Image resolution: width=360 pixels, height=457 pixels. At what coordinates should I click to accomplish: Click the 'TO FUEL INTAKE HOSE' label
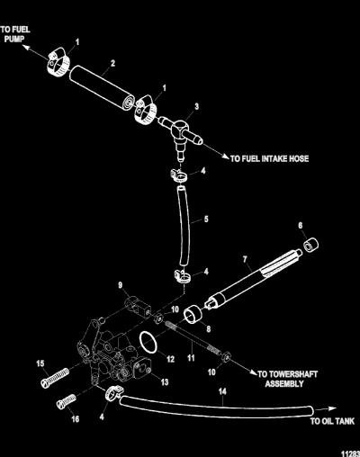(269, 158)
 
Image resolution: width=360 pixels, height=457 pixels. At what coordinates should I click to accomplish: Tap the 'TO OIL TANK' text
(332, 421)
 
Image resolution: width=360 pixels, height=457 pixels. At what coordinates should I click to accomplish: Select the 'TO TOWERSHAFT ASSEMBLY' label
(287, 379)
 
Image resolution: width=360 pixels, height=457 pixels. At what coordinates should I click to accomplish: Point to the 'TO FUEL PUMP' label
(15, 34)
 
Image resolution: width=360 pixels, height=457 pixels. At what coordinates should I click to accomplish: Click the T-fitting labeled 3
(180, 132)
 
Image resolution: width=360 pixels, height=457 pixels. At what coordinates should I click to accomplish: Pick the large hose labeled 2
(102, 87)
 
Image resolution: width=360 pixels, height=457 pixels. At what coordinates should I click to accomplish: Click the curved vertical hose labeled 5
(184, 226)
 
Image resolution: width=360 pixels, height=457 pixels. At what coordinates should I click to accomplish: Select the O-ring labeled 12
(148, 343)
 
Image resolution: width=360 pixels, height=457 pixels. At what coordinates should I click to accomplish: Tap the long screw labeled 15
(55, 379)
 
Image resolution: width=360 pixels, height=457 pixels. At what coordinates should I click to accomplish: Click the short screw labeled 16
(67, 401)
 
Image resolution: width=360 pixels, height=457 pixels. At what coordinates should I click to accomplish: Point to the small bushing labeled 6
(310, 245)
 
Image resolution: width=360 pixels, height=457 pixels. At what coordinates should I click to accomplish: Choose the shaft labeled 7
(253, 278)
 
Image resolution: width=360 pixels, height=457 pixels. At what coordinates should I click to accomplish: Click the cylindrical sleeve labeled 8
(193, 314)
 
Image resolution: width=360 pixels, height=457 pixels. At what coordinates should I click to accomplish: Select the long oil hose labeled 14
(217, 407)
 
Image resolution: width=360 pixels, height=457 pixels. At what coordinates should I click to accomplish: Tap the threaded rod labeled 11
(193, 338)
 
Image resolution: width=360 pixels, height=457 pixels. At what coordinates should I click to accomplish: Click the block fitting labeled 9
(138, 307)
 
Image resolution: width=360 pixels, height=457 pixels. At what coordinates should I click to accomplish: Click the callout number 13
(165, 382)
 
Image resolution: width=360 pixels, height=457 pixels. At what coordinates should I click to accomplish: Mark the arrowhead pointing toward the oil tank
(332, 408)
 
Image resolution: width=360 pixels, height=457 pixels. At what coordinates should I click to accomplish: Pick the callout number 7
(245, 259)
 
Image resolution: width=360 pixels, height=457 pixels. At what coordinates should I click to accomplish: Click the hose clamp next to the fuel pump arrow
(58, 61)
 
